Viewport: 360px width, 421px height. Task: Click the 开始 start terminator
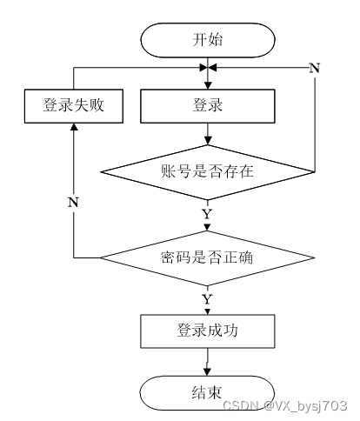(208, 40)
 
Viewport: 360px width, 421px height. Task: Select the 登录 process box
(208, 106)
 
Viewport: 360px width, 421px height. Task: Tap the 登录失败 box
(74, 106)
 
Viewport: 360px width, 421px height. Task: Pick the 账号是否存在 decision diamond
(208, 172)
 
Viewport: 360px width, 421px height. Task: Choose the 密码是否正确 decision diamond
(208, 257)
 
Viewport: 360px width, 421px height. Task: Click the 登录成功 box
(208, 331)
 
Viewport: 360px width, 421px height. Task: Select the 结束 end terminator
(207, 393)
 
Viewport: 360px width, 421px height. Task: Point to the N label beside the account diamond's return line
(315, 69)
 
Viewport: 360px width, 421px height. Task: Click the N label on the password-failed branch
(73, 202)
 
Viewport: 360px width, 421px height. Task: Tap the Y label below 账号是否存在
(207, 214)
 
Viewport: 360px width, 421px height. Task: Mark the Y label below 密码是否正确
(207, 299)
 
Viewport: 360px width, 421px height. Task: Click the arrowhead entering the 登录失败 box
(74, 127)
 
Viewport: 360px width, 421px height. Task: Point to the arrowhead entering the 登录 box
(208, 85)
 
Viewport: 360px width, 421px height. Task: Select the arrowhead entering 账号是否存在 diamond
(208, 141)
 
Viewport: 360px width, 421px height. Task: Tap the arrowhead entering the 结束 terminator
(207, 372)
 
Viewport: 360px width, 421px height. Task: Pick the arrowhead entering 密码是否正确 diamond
(207, 227)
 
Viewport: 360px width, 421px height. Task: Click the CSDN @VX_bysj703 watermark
(285, 405)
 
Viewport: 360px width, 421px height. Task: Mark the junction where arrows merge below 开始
(208, 68)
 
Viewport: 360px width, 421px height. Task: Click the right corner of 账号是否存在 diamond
(315, 172)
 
